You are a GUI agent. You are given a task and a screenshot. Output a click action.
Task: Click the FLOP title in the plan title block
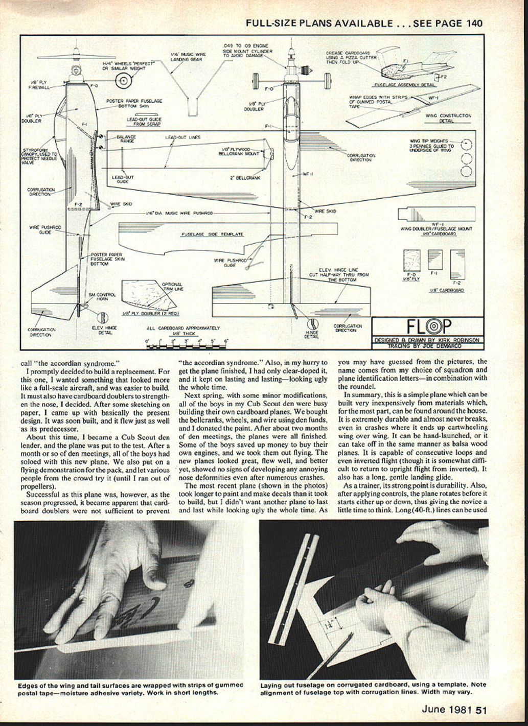click(x=429, y=326)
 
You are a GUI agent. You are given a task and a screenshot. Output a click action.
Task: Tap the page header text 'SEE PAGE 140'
click(x=447, y=23)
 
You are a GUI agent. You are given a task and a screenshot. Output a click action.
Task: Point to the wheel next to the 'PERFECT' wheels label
click(x=123, y=80)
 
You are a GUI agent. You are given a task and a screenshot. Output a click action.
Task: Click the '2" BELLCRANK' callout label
click(x=245, y=178)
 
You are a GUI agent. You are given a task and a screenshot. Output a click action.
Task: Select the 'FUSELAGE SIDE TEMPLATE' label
click(x=212, y=234)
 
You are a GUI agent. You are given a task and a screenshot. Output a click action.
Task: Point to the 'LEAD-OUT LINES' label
click(x=182, y=137)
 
